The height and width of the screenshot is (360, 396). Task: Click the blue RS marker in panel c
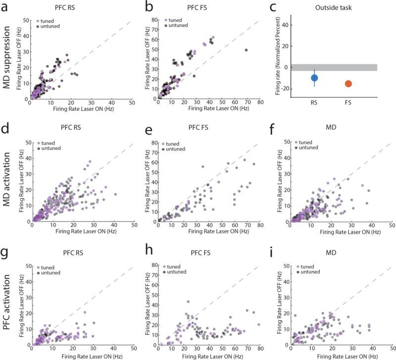coord(314,78)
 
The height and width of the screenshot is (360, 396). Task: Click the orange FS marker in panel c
coord(348,84)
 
